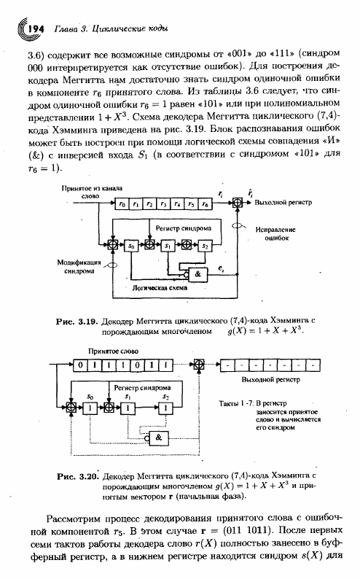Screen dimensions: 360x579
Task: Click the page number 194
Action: point(36,28)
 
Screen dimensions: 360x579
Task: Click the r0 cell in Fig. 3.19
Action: point(123,203)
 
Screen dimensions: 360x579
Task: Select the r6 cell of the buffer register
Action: point(205,203)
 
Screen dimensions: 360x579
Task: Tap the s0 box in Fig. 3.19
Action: point(132,245)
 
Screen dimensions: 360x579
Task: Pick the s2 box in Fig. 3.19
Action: point(204,245)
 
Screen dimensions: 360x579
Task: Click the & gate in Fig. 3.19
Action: point(197,274)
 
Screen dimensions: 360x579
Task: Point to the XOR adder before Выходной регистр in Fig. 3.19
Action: point(238,203)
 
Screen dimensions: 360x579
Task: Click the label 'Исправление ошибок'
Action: point(276,234)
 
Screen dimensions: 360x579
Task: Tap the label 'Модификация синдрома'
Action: point(79,266)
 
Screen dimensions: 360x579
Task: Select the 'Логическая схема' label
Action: point(160,287)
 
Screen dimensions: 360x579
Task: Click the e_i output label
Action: point(220,269)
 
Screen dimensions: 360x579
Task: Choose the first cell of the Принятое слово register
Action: point(80,365)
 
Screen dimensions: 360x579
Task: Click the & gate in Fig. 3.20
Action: point(158,438)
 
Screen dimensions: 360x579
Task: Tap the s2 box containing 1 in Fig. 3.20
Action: point(166,408)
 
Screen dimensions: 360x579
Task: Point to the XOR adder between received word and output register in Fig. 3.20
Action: point(199,365)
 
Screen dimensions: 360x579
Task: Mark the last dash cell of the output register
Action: point(313,365)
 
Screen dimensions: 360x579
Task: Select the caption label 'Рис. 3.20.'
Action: point(78,476)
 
